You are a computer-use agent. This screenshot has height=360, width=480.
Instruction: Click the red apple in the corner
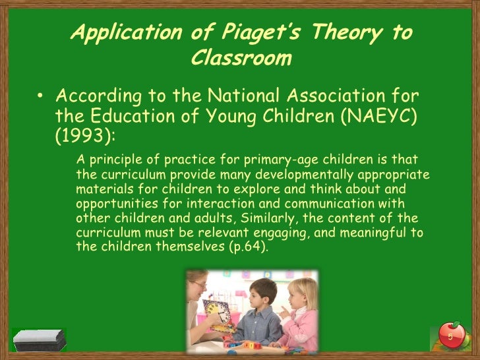450,334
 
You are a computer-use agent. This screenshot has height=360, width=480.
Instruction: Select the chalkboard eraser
40,340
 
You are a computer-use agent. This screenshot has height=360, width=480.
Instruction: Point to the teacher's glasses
198,285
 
